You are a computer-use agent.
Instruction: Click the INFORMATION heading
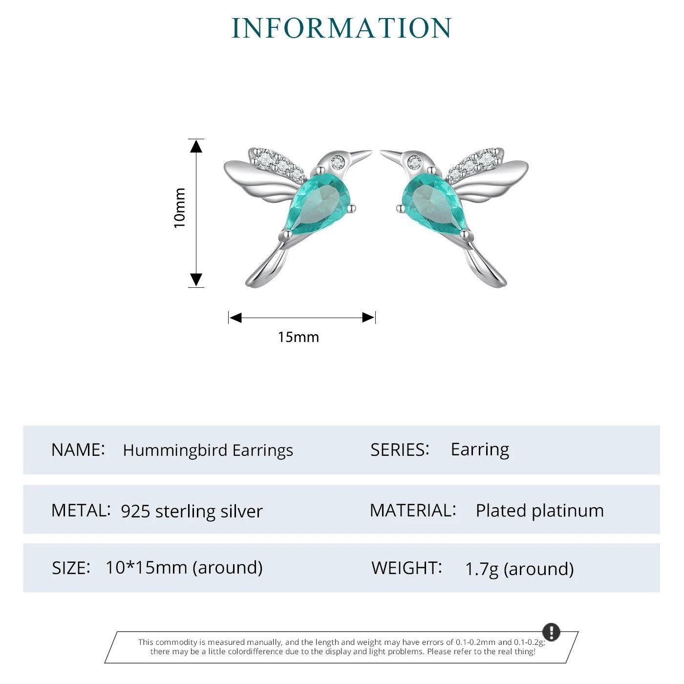click(342, 28)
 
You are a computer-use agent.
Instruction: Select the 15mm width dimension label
click(298, 337)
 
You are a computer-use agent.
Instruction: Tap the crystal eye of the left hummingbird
click(337, 160)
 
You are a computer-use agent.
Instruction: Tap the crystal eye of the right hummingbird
click(415, 160)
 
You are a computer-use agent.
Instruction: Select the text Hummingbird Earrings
click(208, 450)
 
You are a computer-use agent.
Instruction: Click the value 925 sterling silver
click(192, 511)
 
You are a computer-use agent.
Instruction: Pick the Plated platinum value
click(539, 511)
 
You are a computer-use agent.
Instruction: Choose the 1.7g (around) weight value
click(519, 569)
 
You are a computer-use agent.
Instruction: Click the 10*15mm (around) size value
click(184, 567)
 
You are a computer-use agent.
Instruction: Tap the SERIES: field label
click(400, 449)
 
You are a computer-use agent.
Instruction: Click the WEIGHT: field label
click(406, 568)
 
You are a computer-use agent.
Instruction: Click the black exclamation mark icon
click(551, 631)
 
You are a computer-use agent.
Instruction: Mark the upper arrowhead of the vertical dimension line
click(196, 146)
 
